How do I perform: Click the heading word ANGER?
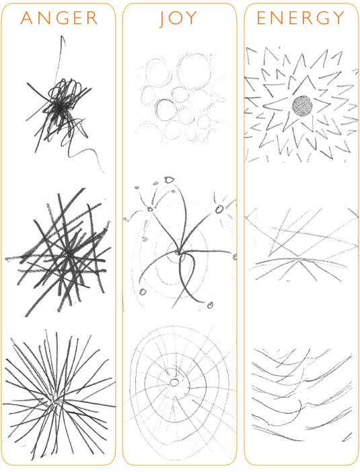point(59,18)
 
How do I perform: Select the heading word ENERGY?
point(301,18)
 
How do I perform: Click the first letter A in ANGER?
point(27,18)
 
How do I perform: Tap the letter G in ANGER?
point(59,18)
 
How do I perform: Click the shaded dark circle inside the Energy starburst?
point(303,105)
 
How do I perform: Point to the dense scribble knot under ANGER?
point(59,104)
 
